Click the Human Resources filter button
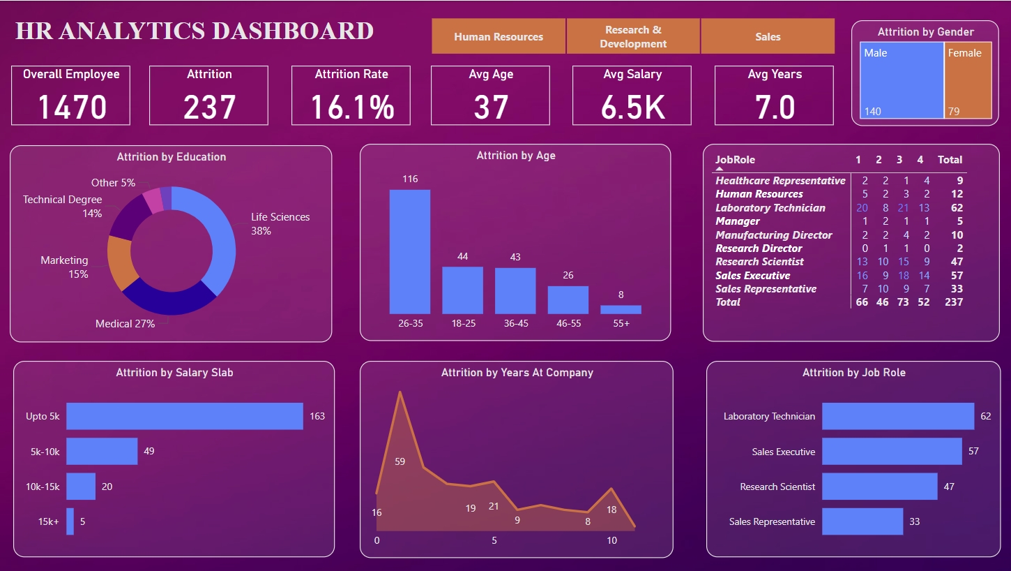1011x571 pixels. pos(499,37)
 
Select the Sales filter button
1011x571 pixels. pos(768,37)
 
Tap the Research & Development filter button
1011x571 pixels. pos(633,37)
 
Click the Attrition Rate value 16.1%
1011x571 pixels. pos(351,107)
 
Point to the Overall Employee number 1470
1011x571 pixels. pos(71,107)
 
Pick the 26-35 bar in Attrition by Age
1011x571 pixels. pos(410,251)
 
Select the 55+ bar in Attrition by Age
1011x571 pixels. pos(621,309)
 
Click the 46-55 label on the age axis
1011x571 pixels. pos(568,324)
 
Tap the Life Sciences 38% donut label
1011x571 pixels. pos(280,224)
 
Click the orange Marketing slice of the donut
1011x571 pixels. pos(120,262)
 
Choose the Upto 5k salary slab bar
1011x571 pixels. pos(185,416)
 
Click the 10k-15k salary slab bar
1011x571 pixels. pos(81,487)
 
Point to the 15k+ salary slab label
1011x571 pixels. pos(50,521)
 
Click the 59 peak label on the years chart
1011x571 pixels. pos(400,461)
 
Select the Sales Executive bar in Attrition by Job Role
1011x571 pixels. pos(892,452)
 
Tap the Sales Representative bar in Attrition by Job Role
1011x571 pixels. pos(862,521)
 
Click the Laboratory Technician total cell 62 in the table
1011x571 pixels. pos(956,208)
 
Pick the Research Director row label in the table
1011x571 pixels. pos(759,249)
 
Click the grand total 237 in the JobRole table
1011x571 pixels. pos(952,302)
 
